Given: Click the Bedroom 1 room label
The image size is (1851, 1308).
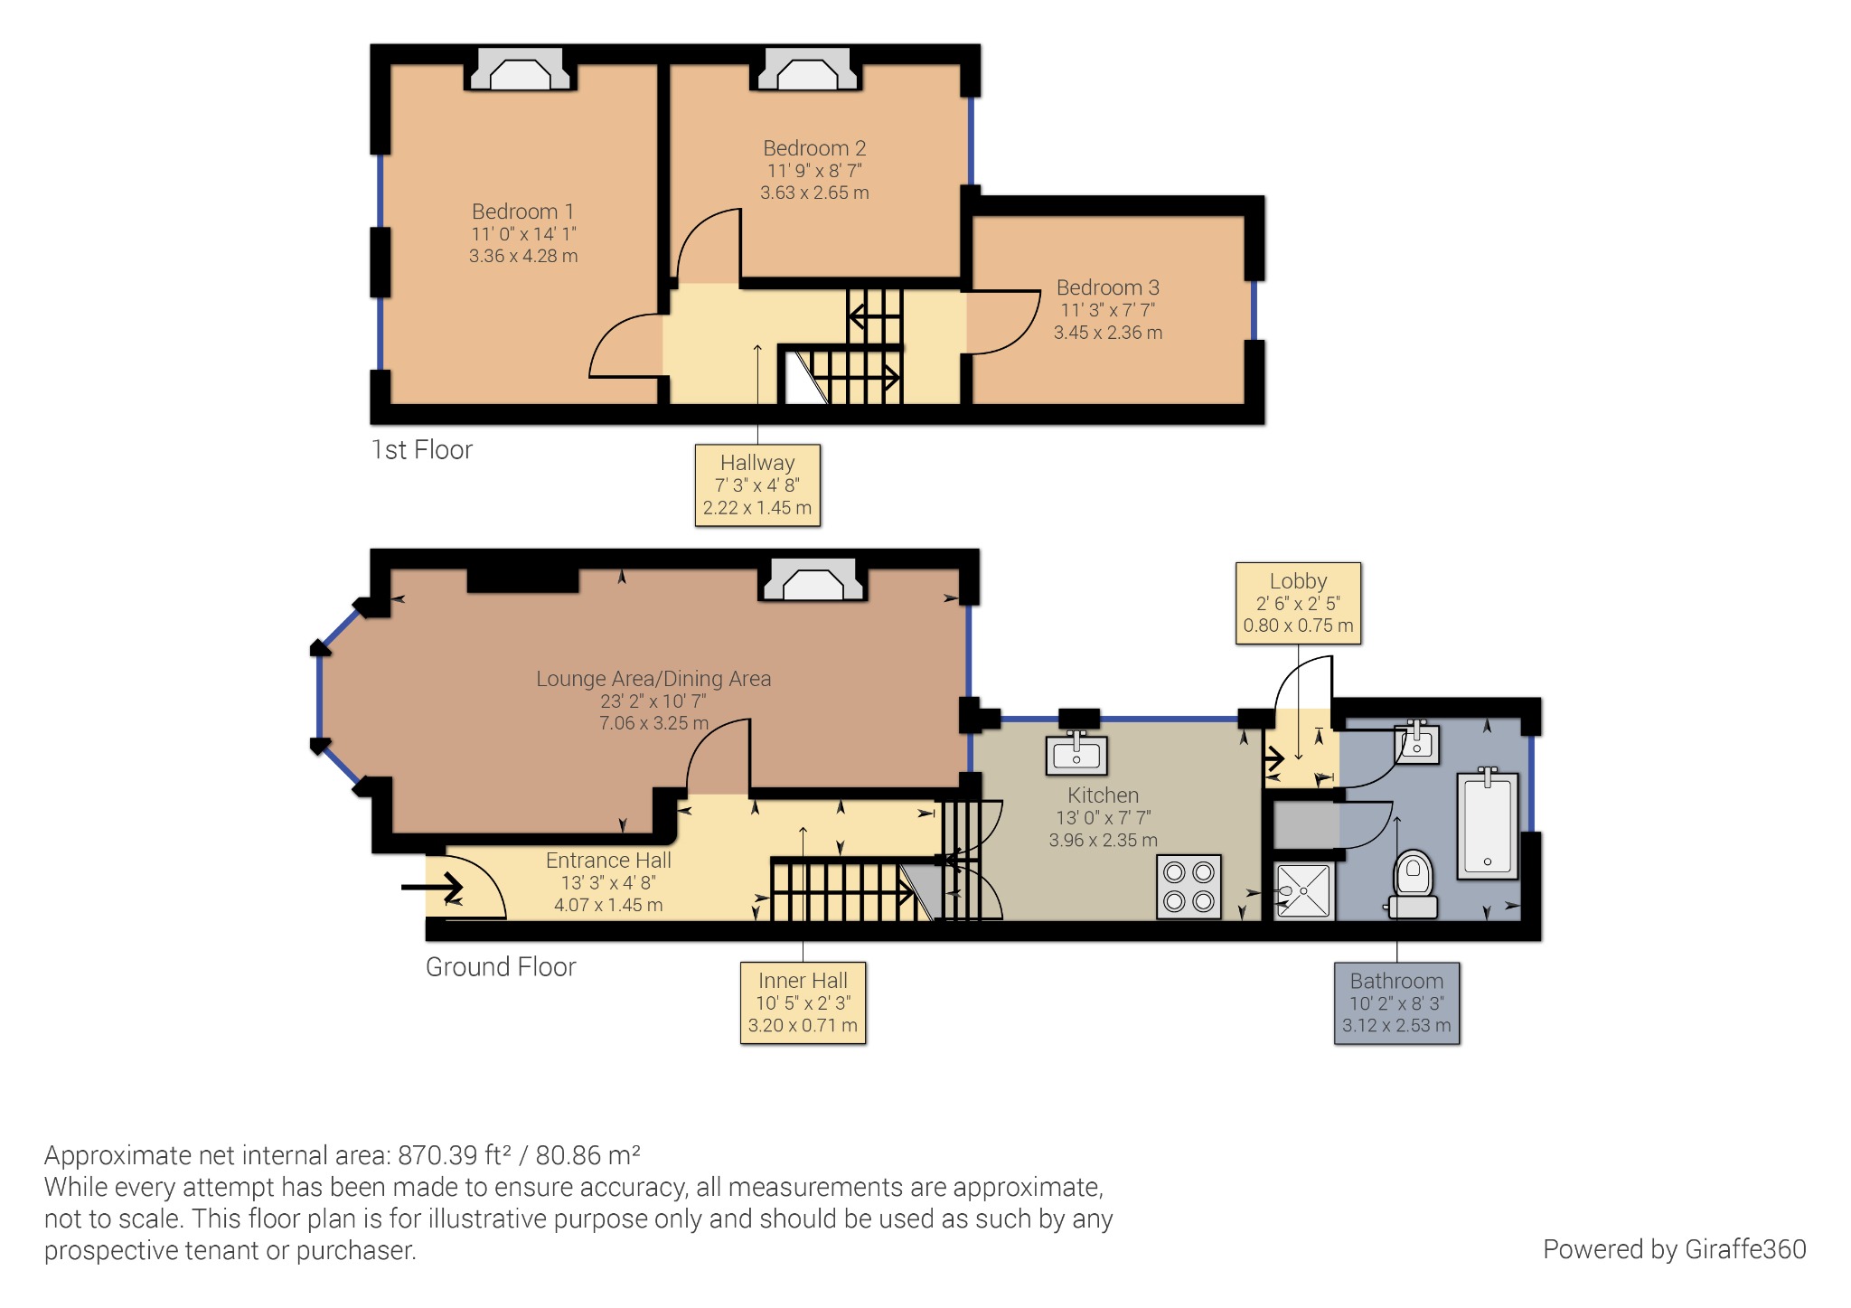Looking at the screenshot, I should tap(522, 212).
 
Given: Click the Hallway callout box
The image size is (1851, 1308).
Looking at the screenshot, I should tap(757, 485).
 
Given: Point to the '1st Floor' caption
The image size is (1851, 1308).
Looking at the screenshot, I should tap(422, 450).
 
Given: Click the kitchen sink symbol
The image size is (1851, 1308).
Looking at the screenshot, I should tap(1076, 755).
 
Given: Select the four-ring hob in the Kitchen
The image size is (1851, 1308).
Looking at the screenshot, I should tap(1189, 887).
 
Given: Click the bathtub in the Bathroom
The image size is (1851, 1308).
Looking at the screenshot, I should tap(1488, 824).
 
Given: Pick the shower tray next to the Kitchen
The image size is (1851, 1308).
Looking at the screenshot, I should tap(1304, 891).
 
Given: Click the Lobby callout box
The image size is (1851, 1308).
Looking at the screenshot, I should tap(1298, 603).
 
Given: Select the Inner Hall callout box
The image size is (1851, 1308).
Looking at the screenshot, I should tap(803, 1002).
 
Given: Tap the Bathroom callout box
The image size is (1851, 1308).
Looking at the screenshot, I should tap(1396, 1003).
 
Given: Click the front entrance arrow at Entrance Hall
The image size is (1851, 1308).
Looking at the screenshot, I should tap(433, 887).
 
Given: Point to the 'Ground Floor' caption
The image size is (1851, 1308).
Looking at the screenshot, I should tap(501, 967).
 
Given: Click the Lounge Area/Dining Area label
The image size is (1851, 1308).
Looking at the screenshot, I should tap(653, 679).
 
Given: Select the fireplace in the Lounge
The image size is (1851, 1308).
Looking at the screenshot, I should tap(813, 581).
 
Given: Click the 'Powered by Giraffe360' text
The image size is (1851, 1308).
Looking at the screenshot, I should tap(1674, 1249).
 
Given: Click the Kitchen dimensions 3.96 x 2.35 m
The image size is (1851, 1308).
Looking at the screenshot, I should tap(1103, 840).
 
